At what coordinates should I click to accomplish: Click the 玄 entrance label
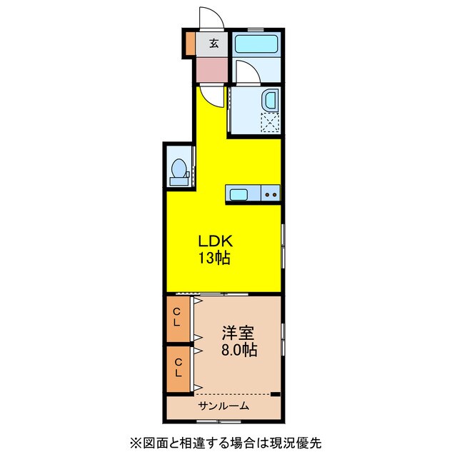pyautogui.click(x=214, y=44)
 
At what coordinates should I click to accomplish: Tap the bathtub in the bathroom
pyautogui.click(x=256, y=44)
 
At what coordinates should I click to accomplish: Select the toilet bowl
pyautogui.click(x=179, y=169)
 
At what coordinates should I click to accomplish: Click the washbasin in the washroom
pyautogui.click(x=271, y=99)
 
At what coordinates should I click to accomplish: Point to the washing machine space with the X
pyautogui.click(x=270, y=123)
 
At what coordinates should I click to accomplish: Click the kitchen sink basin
pyautogui.click(x=238, y=194)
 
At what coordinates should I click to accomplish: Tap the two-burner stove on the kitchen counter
pyautogui.click(x=271, y=194)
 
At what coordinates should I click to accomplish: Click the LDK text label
pyautogui.click(x=216, y=241)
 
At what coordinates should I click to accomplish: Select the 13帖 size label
pyautogui.click(x=214, y=258)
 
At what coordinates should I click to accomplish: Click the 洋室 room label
pyautogui.click(x=238, y=333)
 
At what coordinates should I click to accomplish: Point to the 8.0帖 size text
pyautogui.click(x=239, y=349)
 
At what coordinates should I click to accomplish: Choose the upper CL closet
pyautogui.click(x=179, y=319)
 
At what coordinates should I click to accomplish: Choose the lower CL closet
pyautogui.click(x=179, y=369)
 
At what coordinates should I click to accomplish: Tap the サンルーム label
pyautogui.click(x=224, y=406)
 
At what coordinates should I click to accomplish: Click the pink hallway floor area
pyautogui.click(x=212, y=70)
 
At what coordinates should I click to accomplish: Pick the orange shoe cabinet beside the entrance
pyautogui.click(x=190, y=44)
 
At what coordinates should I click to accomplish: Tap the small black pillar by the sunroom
pyautogui.click(x=276, y=394)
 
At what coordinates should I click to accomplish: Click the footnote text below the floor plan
pyautogui.click(x=226, y=443)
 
